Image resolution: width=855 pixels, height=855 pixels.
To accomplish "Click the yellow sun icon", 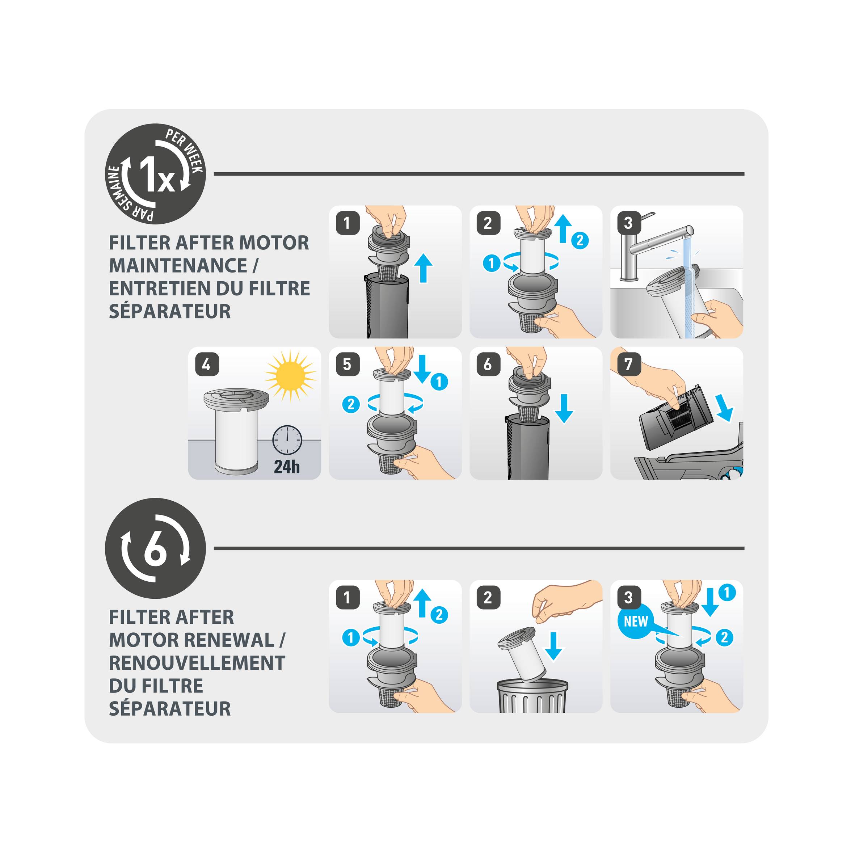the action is (x=290, y=376).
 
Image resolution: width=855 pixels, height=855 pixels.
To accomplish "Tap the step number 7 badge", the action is (x=628, y=364).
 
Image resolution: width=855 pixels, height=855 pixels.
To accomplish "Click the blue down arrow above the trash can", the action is (x=553, y=646).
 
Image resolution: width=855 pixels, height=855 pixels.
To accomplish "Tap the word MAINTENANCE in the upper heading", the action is (x=178, y=266).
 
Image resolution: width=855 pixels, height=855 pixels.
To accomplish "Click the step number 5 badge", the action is (x=347, y=364).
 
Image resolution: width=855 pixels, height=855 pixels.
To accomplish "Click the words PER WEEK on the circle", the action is (x=186, y=151).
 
